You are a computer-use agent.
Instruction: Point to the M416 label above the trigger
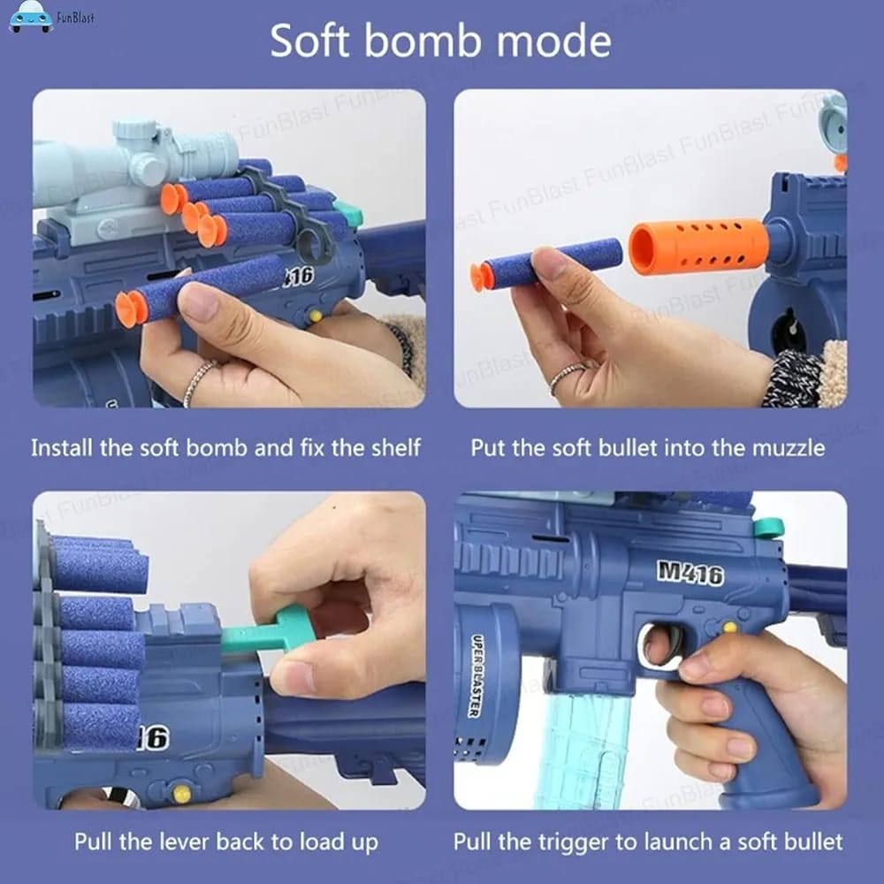tap(690, 572)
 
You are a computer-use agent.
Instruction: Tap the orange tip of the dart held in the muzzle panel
tap(482, 276)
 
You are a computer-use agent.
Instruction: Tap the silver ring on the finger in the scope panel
tap(200, 382)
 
